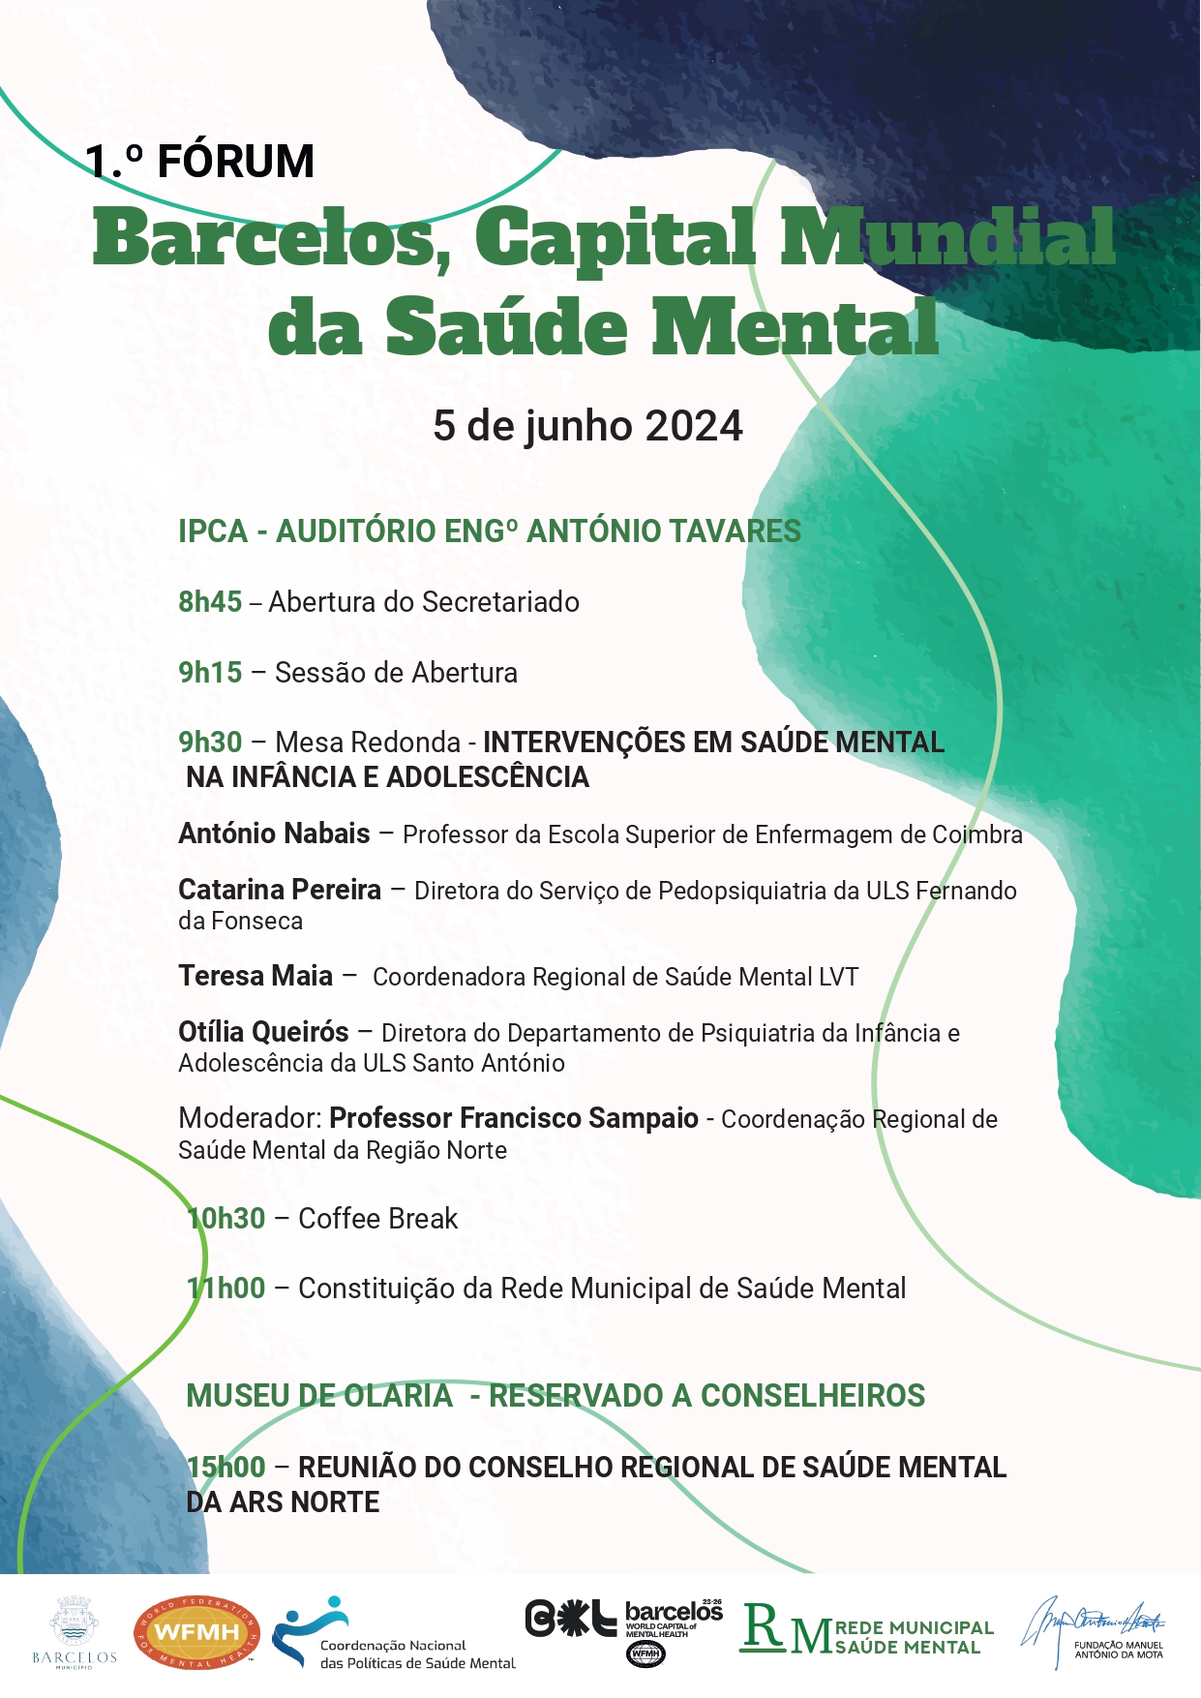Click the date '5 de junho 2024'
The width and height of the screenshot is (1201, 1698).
(587, 426)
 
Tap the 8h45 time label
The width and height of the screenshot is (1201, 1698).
(210, 602)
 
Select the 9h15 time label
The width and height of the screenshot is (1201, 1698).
(210, 673)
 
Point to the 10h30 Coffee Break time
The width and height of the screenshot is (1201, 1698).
(226, 1219)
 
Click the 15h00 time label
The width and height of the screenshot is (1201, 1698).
(226, 1468)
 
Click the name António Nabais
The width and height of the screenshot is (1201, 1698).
(274, 834)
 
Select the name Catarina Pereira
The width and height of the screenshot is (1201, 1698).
(280, 890)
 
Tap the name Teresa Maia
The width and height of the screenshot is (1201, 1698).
(255, 976)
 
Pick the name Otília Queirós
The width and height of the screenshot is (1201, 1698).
(263, 1032)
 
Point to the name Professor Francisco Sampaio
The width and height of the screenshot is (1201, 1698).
(514, 1118)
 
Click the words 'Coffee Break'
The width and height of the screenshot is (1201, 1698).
(377, 1219)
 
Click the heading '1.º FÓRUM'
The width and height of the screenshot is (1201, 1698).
(200, 161)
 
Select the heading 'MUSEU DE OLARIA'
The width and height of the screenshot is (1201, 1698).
(319, 1396)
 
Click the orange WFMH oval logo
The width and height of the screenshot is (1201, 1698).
(196, 1632)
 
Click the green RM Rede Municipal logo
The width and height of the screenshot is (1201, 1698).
(867, 1632)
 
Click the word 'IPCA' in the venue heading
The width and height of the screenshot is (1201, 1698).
(213, 531)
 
